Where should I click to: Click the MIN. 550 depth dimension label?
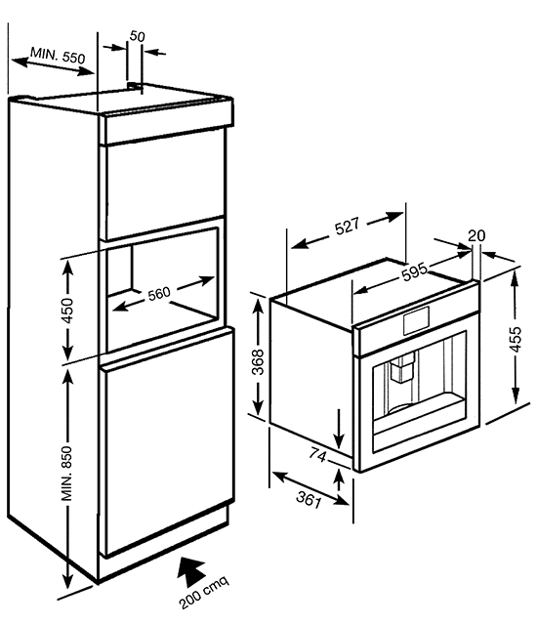[x=58, y=55]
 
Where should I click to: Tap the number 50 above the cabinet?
[x=138, y=36]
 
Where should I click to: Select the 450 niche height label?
[x=67, y=311]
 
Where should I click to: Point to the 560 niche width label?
[x=159, y=294]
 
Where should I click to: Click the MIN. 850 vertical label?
[x=66, y=474]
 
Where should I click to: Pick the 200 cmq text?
[x=204, y=592]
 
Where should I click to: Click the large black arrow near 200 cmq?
[x=191, y=571]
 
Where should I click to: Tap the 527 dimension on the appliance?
[x=347, y=226]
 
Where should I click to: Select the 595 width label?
[x=414, y=272]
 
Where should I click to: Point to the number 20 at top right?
[x=476, y=236]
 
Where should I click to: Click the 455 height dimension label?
[x=516, y=339]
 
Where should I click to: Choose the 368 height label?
[x=259, y=361]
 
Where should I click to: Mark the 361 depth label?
[x=309, y=499]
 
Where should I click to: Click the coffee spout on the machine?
[x=401, y=368]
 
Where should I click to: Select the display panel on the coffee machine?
[x=416, y=320]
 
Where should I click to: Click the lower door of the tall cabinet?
[x=167, y=441]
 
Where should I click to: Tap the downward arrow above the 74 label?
[x=339, y=428]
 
